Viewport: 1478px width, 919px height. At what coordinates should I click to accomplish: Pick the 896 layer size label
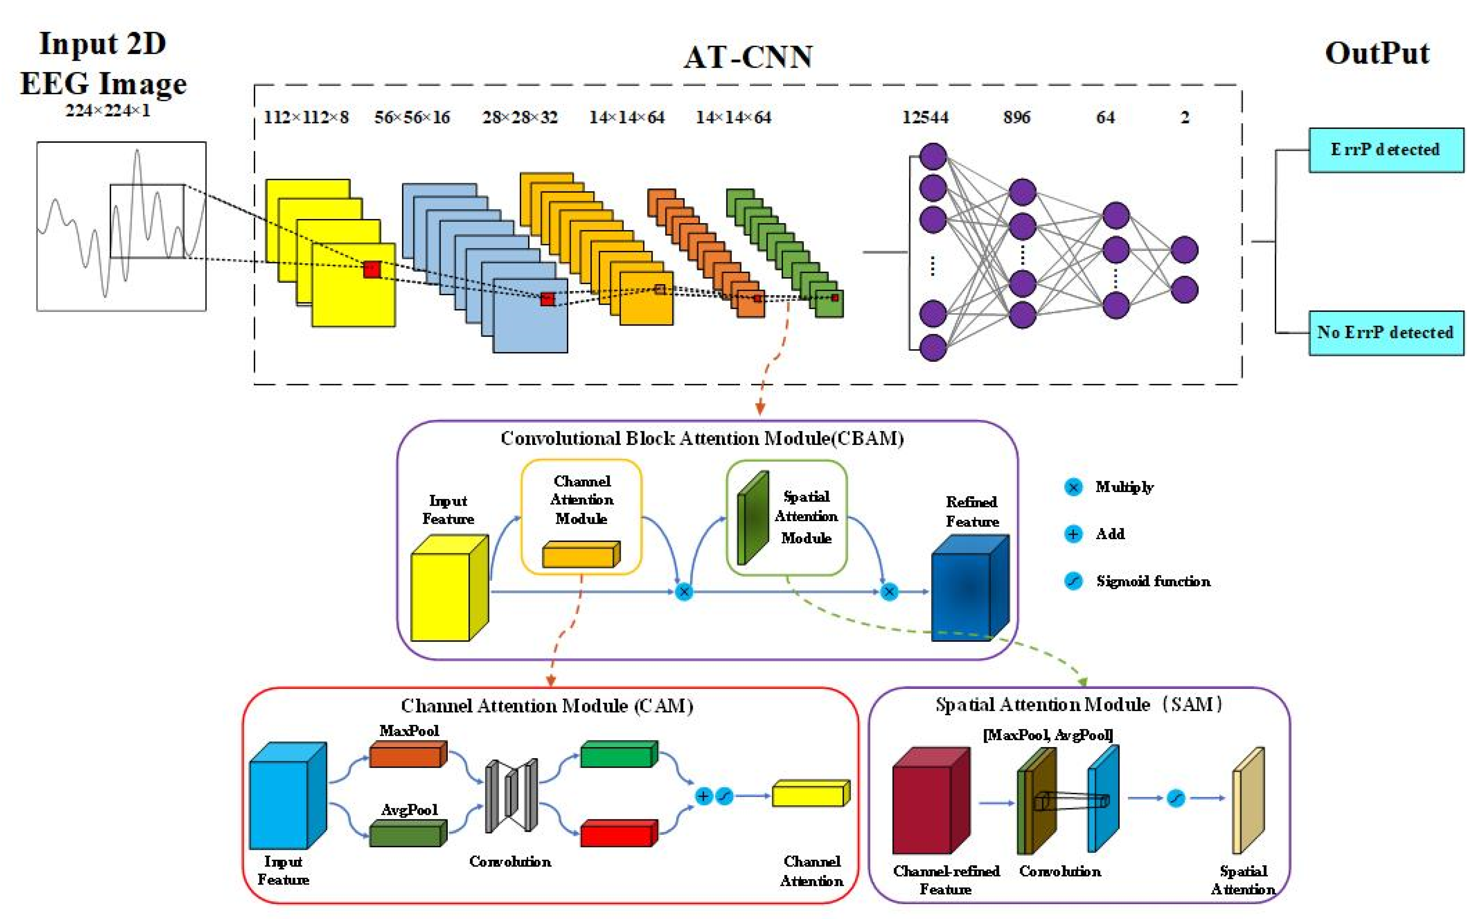(1016, 117)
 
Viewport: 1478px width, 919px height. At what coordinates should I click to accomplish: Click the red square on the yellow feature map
(372, 269)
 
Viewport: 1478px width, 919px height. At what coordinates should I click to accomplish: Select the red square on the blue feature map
(547, 299)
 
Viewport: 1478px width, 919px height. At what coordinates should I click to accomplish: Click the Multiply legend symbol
(1073, 487)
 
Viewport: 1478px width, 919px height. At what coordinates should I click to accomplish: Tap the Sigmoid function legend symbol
(1073, 581)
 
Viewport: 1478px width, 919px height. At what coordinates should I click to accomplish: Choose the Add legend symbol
(1073, 534)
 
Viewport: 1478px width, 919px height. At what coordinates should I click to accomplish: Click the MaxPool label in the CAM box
(409, 731)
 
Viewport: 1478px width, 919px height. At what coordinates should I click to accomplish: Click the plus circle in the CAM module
(703, 796)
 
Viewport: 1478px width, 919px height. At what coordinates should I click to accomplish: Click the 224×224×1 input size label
(108, 111)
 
